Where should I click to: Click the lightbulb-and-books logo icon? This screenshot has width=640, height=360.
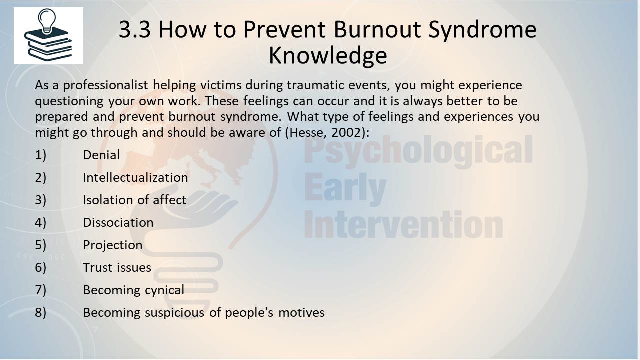tap(48, 35)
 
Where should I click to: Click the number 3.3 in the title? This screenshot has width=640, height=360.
tap(134, 29)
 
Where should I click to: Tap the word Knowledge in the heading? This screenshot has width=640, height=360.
tap(328, 55)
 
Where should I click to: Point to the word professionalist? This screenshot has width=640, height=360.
tap(105, 85)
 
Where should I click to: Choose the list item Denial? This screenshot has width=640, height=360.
tap(101, 155)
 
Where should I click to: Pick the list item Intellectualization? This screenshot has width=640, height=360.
tap(135, 177)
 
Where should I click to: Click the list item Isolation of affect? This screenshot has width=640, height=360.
tap(135, 200)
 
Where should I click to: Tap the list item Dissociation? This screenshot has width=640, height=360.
tap(118, 222)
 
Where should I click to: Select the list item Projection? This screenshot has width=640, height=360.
tap(113, 245)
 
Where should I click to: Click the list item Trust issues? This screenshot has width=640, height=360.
tap(117, 267)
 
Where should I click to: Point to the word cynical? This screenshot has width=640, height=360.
tap(165, 290)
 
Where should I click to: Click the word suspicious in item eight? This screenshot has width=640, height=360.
tap(175, 313)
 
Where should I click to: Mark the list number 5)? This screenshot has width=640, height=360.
tap(40, 245)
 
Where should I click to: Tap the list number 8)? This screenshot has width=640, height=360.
tap(40, 313)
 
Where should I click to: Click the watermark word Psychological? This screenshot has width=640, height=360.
tap(419, 151)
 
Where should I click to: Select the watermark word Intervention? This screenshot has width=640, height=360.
tap(403, 224)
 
